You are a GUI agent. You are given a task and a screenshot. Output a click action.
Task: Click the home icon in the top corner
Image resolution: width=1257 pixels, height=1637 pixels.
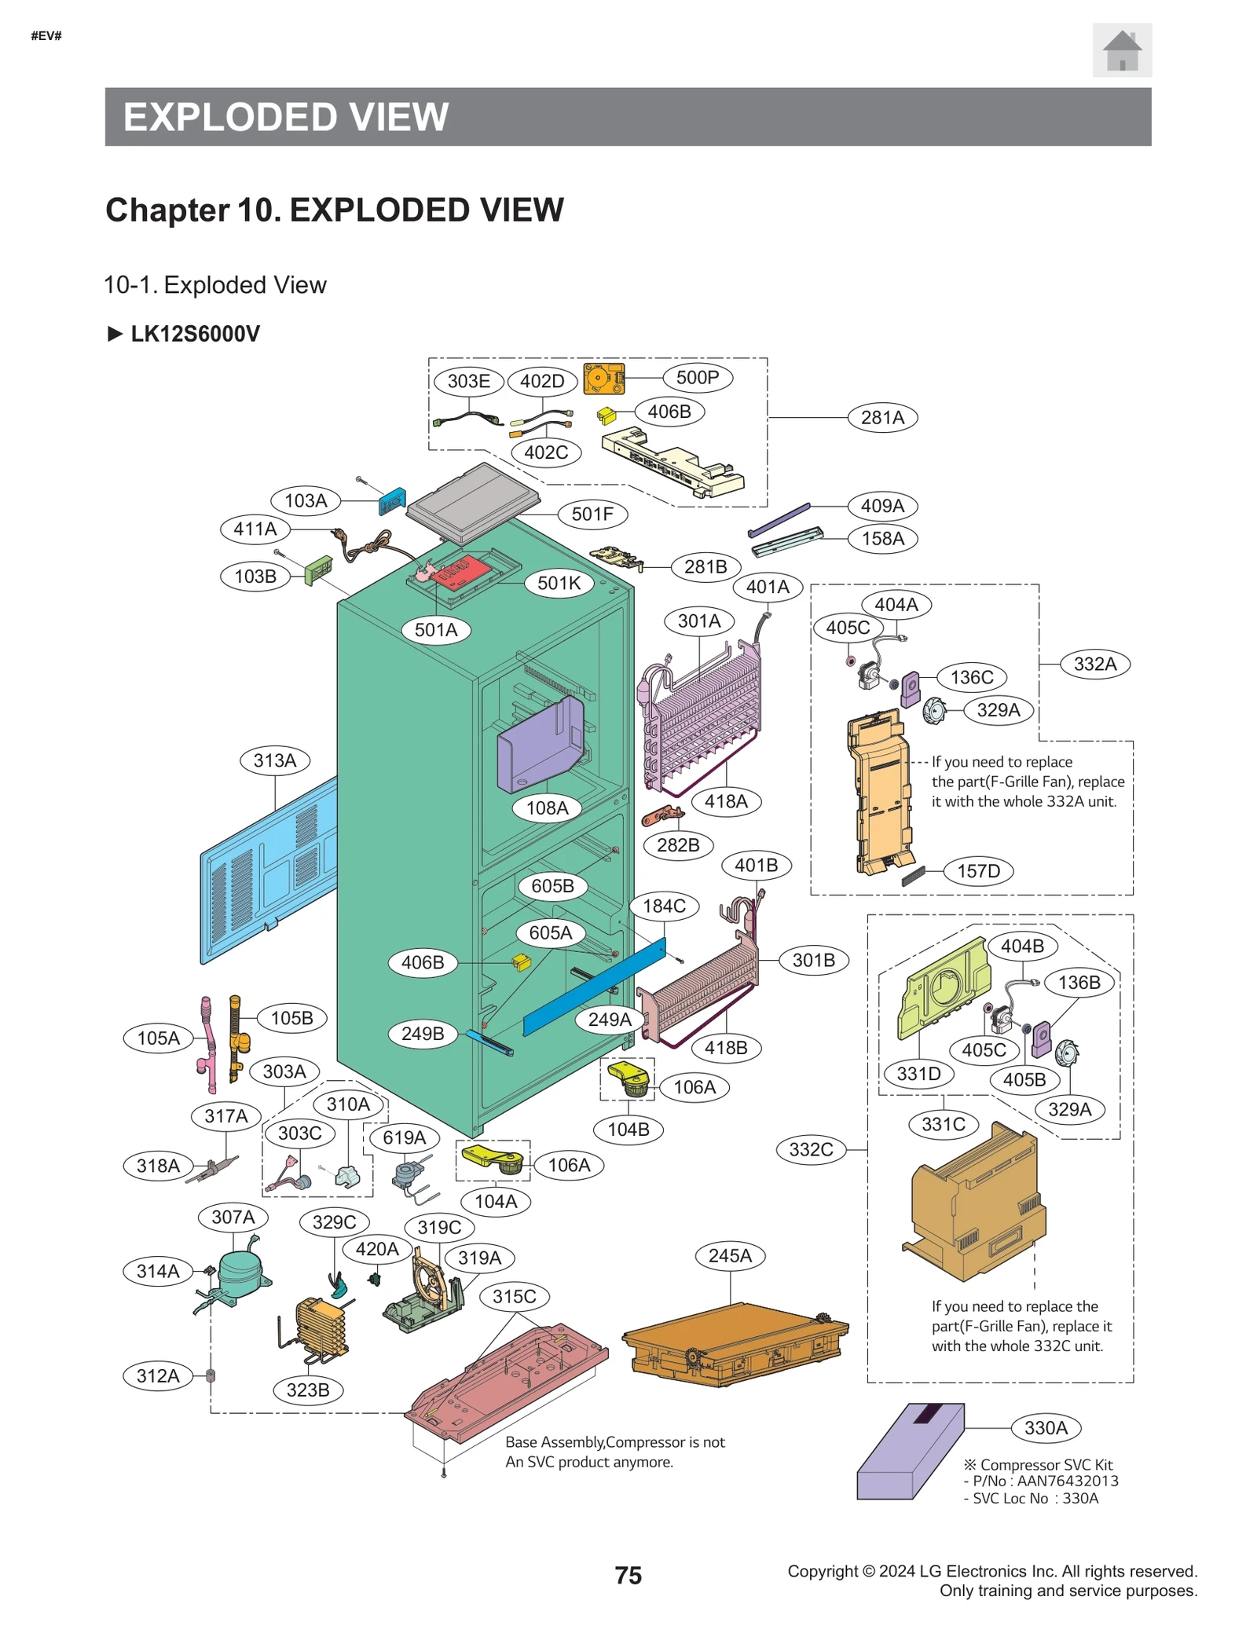(1121, 50)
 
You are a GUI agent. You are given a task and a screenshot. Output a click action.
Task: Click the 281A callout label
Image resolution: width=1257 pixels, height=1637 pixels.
(881, 417)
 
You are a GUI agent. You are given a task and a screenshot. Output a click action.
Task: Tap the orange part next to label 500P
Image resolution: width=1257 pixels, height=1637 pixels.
(603, 379)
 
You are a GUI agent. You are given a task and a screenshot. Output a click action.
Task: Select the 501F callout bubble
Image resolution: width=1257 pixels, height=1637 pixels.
(592, 514)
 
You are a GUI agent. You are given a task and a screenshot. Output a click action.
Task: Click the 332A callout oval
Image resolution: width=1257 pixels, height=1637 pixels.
(1094, 664)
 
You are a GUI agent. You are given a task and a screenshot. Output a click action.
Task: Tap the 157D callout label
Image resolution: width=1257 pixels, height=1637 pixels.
(978, 870)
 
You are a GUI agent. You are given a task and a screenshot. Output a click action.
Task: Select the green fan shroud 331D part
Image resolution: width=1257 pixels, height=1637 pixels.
(943, 986)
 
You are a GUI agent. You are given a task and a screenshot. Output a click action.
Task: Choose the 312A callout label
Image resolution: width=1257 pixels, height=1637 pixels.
(158, 1375)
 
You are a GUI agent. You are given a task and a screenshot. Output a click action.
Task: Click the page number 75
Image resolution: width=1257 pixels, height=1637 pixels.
(628, 1575)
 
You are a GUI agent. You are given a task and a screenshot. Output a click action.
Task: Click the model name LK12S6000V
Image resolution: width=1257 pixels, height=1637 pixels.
(195, 334)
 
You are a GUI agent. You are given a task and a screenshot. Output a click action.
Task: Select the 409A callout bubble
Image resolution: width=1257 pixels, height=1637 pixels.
(881, 505)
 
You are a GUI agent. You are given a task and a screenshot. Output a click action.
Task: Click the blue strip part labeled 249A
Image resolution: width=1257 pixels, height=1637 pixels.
(593, 986)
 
